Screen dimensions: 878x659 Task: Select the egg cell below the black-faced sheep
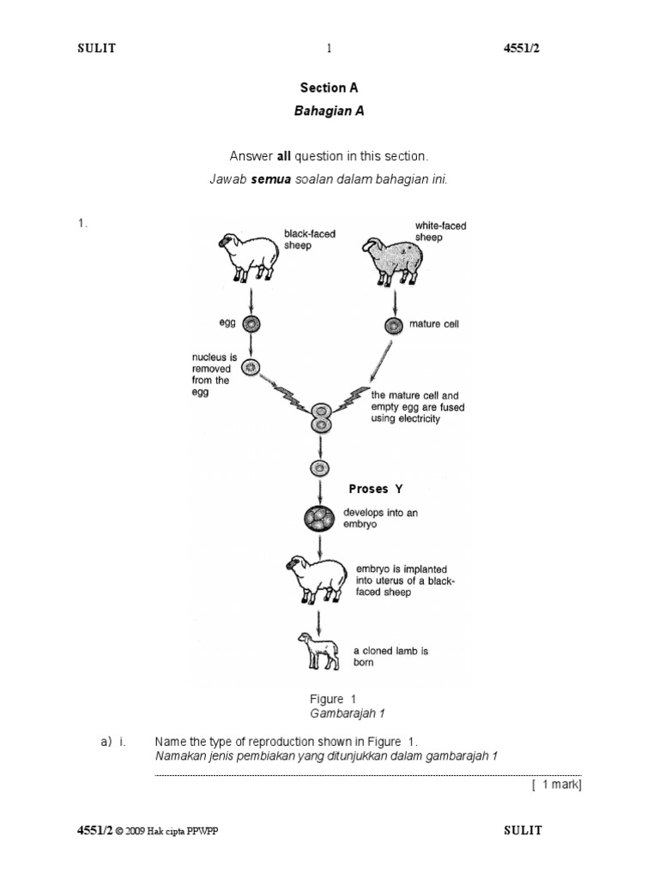(x=251, y=325)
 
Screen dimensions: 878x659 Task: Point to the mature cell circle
(x=394, y=325)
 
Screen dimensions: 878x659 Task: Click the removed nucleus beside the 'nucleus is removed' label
(x=251, y=369)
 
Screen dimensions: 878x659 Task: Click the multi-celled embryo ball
(x=319, y=518)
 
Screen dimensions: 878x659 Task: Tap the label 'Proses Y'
(x=375, y=489)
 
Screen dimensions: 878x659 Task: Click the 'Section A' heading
(x=329, y=87)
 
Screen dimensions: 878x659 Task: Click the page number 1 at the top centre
(x=329, y=49)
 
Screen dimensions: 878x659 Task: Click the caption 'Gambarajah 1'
(x=339, y=713)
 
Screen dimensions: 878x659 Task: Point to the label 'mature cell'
(x=438, y=324)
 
